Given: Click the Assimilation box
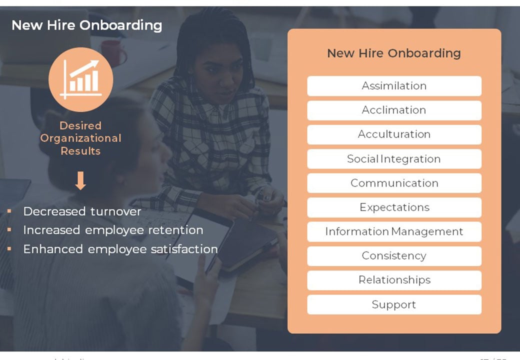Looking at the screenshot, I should pyautogui.click(x=394, y=86).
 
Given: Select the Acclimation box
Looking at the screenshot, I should pyautogui.click(x=394, y=110).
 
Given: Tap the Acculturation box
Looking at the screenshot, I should pyautogui.click(x=394, y=134).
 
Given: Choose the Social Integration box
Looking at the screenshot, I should pyautogui.click(x=394, y=159).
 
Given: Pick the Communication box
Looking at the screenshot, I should pyautogui.click(x=394, y=183).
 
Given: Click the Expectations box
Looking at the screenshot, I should pyautogui.click(x=394, y=207).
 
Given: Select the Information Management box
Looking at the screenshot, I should pyautogui.click(x=394, y=232).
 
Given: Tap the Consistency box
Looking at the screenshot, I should pyautogui.click(x=394, y=256).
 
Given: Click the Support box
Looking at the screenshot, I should pyautogui.click(x=394, y=304).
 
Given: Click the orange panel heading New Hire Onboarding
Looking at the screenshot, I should pyautogui.click(x=394, y=53).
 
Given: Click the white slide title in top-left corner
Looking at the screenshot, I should pyautogui.click(x=86, y=25).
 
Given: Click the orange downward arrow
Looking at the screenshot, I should pyautogui.click(x=80, y=180).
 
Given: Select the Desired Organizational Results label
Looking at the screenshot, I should pyautogui.click(x=80, y=138).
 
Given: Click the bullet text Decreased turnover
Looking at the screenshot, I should pyautogui.click(x=82, y=211).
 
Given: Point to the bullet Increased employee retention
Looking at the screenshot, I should pyautogui.click(x=113, y=230).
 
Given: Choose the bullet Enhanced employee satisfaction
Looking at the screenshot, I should pyautogui.click(x=120, y=249).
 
